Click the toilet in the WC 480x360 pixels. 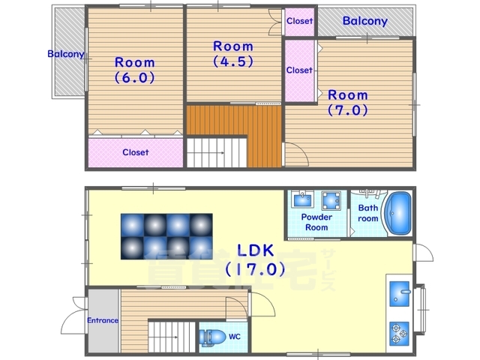[211, 337]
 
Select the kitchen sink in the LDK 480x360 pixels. [400, 294]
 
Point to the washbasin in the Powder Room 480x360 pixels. [302, 199]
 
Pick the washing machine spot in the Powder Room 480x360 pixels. [331, 201]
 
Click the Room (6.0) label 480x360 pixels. [135, 70]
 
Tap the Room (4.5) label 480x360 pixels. [233, 54]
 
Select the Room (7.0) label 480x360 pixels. [348, 103]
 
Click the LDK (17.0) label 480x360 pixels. [255, 259]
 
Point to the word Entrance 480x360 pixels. [103, 320]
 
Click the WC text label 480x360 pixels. [235, 337]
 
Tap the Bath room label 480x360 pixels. [368, 213]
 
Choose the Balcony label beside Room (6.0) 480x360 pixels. [65, 54]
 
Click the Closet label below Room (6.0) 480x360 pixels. [136, 152]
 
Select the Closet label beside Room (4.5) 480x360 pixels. [299, 21]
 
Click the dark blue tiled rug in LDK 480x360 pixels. [166, 236]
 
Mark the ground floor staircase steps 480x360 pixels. [172, 336]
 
